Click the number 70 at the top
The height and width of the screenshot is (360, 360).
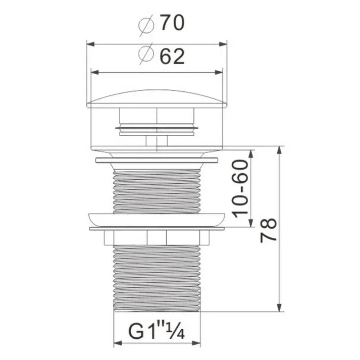pyautogui.click(x=172, y=22)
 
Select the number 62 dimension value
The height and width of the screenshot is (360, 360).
pyautogui.click(x=172, y=56)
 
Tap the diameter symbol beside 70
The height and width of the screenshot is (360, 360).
pyautogui.click(x=146, y=25)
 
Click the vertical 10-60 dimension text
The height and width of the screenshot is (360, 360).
pyautogui.click(x=240, y=188)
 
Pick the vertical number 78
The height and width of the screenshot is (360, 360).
pyautogui.click(x=268, y=230)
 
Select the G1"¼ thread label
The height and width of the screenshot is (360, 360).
pyautogui.click(x=157, y=331)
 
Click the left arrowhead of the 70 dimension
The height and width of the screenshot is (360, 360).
pyautogui.click(x=91, y=44)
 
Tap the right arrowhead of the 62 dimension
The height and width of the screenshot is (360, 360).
pyautogui.click(x=219, y=72)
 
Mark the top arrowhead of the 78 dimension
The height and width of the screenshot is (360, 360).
pyautogui.click(x=279, y=150)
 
